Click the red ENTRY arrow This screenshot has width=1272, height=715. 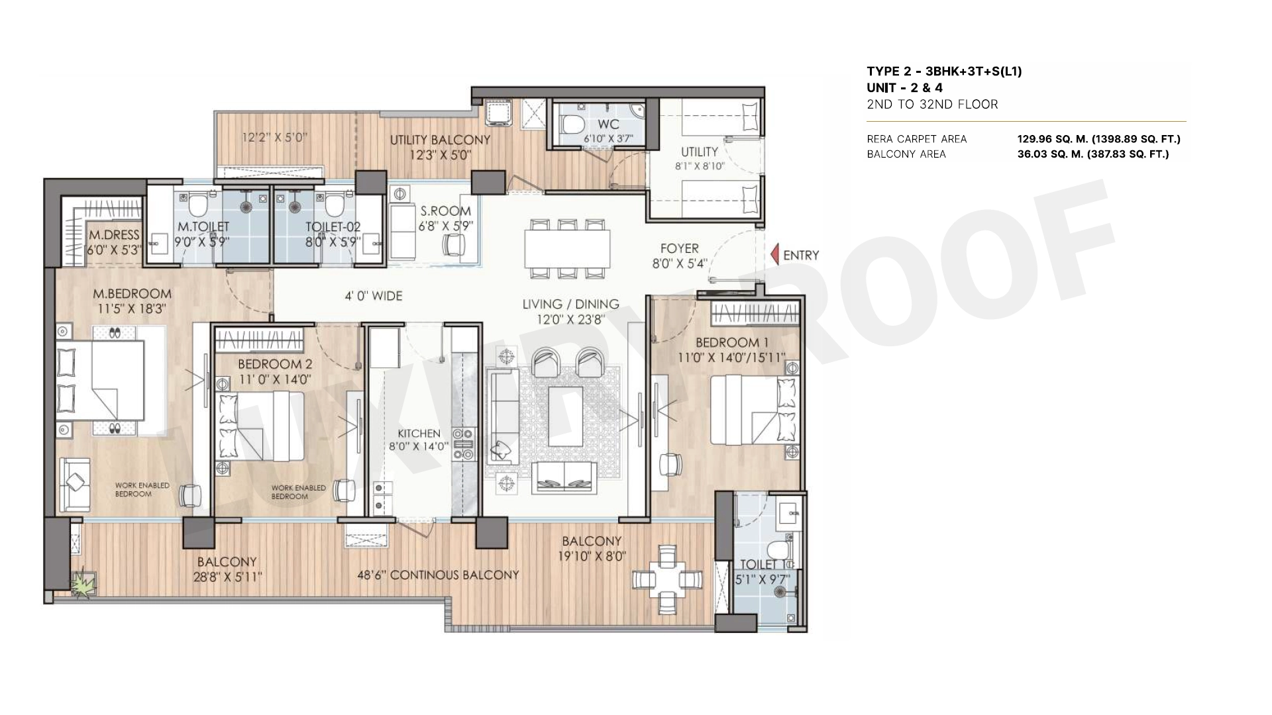coord(774,255)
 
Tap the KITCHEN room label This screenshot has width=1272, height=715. coord(419,434)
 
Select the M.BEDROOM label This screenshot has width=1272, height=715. coord(132,293)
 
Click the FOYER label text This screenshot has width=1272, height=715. coord(680,248)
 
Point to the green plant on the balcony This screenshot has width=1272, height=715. coord(84,584)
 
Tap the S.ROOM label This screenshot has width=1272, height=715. coord(446,211)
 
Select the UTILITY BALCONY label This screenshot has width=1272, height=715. coord(440,140)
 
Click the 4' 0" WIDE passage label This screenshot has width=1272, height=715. coord(373,296)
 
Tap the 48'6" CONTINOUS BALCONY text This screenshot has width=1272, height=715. coord(438,575)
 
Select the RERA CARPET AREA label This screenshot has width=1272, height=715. coord(917,139)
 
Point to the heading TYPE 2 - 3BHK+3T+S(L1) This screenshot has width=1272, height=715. coord(944,71)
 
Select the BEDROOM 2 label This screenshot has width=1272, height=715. coord(275,364)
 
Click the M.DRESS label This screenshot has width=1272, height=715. coord(115,235)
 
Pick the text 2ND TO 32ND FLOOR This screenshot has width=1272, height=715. coord(932,104)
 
